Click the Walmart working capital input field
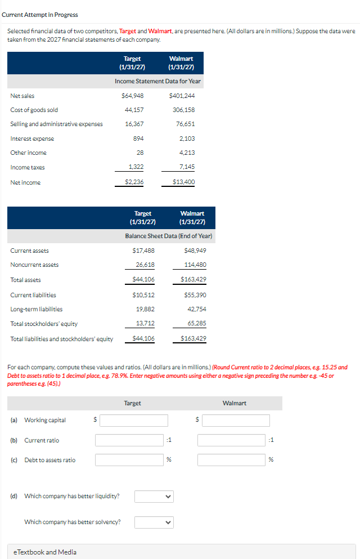point(236,420)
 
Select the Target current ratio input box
point(129,440)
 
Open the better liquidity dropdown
point(154,496)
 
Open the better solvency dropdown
point(154,522)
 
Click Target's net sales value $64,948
point(133,96)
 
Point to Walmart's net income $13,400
point(184,182)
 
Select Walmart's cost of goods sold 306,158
point(184,110)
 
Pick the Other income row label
point(28,153)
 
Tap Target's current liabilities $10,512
point(143,295)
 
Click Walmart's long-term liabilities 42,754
point(196,309)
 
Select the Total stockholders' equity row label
point(44,324)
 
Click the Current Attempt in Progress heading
point(40,15)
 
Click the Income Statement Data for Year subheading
point(157,81)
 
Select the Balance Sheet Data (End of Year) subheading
point(168,236)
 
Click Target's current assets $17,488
point(143,251)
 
